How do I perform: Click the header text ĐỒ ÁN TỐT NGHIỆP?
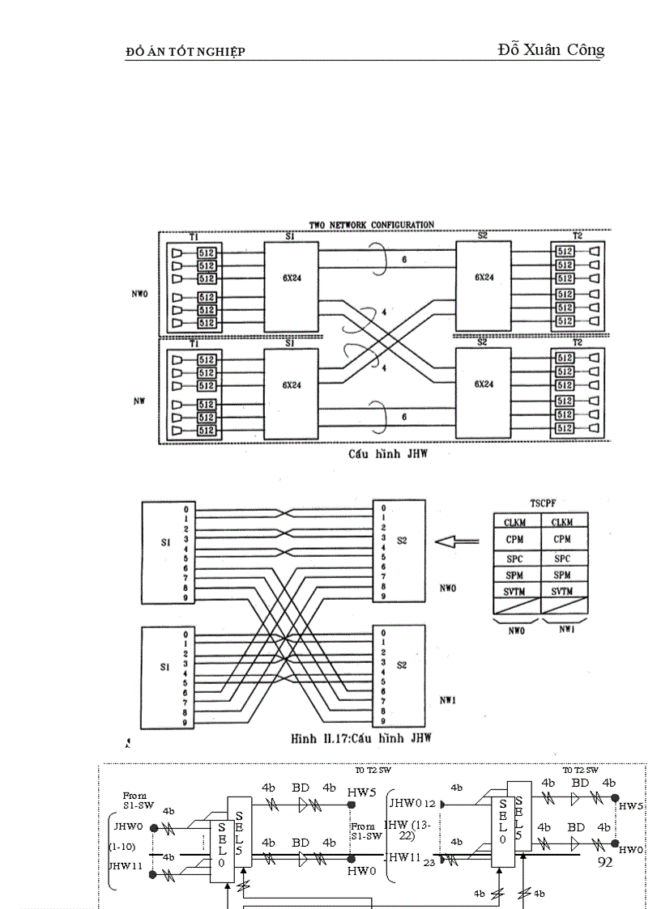click(x=186, y=53)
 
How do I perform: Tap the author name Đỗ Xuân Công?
click(x=551, y=50)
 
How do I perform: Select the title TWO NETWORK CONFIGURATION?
click(x=371, y=224)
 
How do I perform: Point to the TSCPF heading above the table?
click(x=539, y=503)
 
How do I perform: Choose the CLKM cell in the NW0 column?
click(x=516, y=523)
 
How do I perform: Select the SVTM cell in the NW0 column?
click(x=516, y=592)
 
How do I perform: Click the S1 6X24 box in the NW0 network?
click(x=291, y=286)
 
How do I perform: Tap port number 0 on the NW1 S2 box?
click(x=382, y=634)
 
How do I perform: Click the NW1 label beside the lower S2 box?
click(x=447, y=701)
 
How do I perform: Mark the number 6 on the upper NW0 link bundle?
click(x=403, y=261)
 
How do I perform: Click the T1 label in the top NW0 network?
click(x=193, y=236)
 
